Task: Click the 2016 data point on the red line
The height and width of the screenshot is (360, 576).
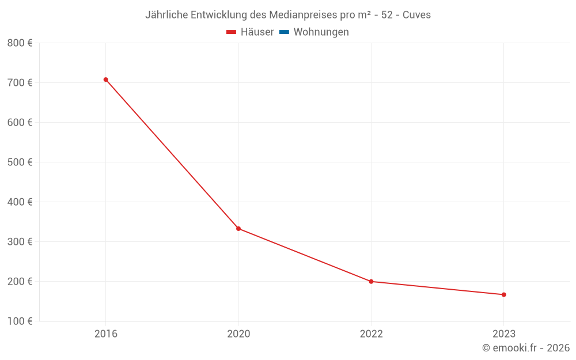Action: pos(106,79)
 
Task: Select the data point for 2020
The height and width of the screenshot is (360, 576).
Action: pos(238,229)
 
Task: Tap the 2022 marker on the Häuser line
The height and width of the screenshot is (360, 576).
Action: pos(371,282)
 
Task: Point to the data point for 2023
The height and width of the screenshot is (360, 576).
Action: pos(503,295)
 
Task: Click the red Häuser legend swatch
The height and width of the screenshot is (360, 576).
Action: pos(232,32)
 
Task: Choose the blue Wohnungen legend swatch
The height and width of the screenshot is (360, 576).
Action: pos(284,32)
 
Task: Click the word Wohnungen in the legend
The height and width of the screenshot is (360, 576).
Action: pos(321,32)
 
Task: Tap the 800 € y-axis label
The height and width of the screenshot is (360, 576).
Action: pos(20,43)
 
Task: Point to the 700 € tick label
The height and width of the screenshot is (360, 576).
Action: pos(20,82)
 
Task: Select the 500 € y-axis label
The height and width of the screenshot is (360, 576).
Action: pos(20,162)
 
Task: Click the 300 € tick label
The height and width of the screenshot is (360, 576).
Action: pos(20,241)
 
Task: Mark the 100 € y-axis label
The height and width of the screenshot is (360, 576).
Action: pos(20,321)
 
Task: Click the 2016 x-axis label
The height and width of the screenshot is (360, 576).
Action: pos(106,334)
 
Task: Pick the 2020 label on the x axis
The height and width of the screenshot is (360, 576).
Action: pos(238,334)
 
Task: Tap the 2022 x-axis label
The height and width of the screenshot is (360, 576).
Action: pos(371,334)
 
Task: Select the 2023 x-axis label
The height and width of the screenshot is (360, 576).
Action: pos(503,334)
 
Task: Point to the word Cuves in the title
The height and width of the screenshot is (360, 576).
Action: pos(416,15)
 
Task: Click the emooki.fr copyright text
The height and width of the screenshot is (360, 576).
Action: pos(526,348)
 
